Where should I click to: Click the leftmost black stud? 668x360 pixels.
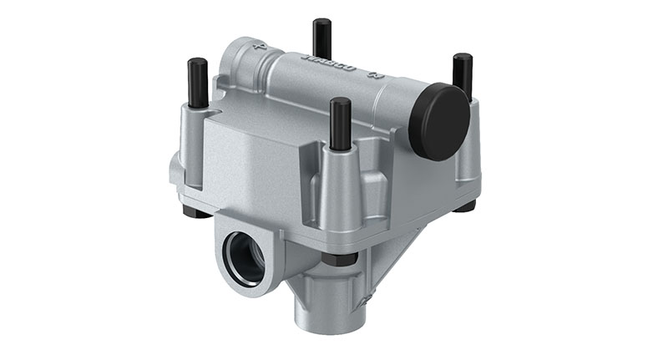pos(197,82)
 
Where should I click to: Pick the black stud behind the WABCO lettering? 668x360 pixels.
pos(321,38)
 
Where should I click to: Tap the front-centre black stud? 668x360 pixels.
pos(340,123)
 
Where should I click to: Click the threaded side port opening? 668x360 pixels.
pos(247,258)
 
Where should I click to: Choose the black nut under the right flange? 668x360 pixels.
pos(465,204)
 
